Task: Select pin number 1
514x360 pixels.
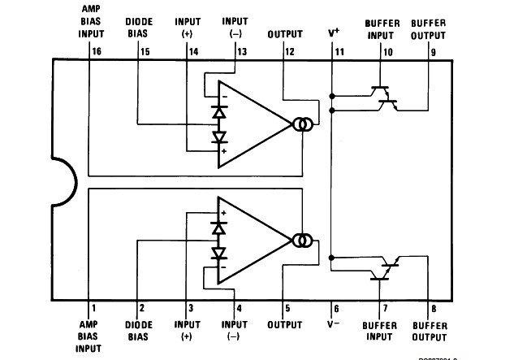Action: coord(93,309)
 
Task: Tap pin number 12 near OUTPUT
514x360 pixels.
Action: coord(290,50)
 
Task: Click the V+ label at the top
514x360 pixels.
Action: coord(334,33)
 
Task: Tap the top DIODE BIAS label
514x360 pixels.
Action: coord(138,28)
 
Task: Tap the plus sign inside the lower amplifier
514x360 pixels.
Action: coord(224,212)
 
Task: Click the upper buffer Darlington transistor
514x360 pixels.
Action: coord(385,96)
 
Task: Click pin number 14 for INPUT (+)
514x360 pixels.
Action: coord(193,50)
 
